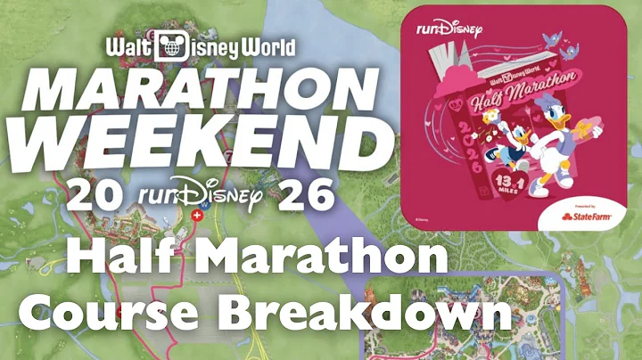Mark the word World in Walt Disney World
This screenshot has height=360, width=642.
pos(258,47)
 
